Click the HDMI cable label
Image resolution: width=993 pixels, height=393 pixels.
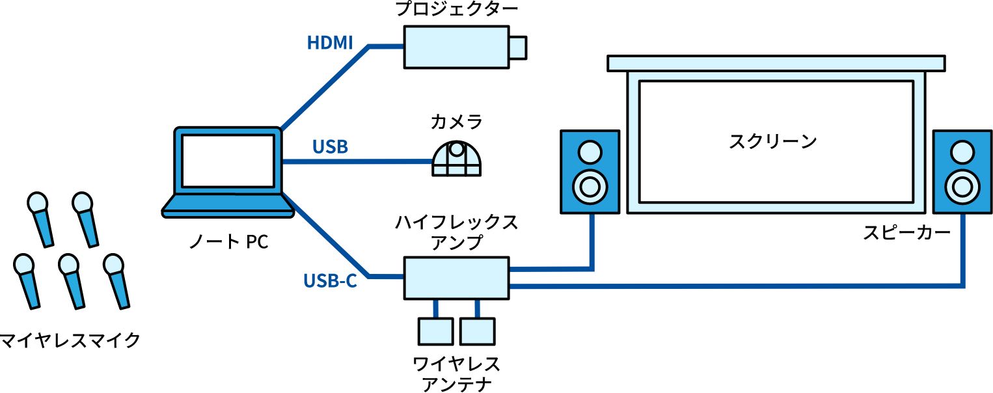click(x=330, y=43)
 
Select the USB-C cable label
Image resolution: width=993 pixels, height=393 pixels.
click(x=330, y=281)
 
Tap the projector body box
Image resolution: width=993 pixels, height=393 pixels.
click(x=456, y=47)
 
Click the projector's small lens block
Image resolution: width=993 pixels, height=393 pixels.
click(x=518, y=47)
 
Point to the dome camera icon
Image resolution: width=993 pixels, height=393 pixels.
click(x=457, y=159)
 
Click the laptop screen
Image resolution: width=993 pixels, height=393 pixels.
click(x=228, y=161)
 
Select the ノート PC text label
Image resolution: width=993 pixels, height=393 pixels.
click(x=229, y=242)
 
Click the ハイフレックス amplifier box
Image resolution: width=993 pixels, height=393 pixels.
click(x=456, y=278)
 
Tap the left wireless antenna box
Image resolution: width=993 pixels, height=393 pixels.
click(x=435, y=331)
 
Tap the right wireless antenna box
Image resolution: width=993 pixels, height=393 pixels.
click(x=477, y=331)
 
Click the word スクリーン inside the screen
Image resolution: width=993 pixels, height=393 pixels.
click(x=772, y=141)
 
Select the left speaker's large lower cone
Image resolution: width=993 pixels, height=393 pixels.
click(x=590, y=187)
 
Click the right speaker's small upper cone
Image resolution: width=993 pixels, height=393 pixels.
click(x=962, y=152)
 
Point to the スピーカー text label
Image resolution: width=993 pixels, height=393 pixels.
click(x=906, y=232)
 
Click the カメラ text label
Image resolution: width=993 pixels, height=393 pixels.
click(x=456, y=122)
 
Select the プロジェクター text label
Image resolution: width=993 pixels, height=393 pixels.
click(x=457, y=9)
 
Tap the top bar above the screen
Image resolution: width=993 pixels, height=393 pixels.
click(x=776, y=63)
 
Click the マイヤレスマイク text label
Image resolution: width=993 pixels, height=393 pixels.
click(x=70, y=340)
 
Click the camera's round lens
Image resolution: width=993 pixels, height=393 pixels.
click(x=456, y=149)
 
